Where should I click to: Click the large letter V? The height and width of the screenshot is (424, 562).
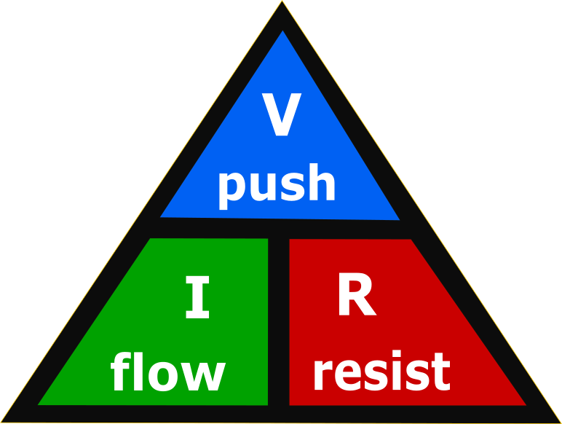click(x=281, y=117)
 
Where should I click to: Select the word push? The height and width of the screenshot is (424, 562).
click(x=277, y=184)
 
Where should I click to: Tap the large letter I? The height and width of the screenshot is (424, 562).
click(x=197, y=299)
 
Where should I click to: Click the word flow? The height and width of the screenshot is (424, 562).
click(x=167, y=372)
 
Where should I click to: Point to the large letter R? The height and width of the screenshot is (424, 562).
click(x=356, y=297)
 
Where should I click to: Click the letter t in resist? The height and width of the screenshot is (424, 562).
click(x=440, y=372)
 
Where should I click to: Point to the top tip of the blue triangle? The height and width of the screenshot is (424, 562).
click(x=282, y=33)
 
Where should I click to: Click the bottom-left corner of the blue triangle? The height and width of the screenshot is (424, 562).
click(x=162, y=216)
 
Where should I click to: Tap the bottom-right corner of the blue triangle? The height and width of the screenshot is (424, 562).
click(x=397, y=219)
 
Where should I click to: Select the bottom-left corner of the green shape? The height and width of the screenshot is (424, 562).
click(x=41, y=403)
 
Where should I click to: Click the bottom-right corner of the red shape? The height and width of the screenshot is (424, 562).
click(x=523, y=404)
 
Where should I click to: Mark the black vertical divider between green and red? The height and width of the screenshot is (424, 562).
click(x=279, y=321)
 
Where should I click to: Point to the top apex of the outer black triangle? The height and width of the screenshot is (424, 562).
click(x=282, y=3)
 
